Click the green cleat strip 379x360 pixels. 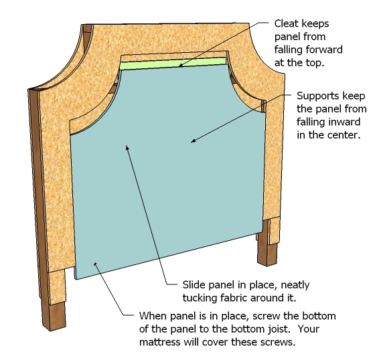click(x=173, y=64)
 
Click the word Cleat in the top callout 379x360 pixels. click(x=287, y=23)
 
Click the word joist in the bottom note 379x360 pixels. click(x=279, y=329)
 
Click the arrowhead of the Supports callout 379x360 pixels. click(x=192, y=141)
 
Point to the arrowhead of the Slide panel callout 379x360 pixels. click(x=127, y=147)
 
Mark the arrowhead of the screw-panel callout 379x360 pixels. click(x=95, y=264)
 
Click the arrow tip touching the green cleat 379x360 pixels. click(x=180, y=66)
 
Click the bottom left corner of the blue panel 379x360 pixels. click(x=76, y=280)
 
